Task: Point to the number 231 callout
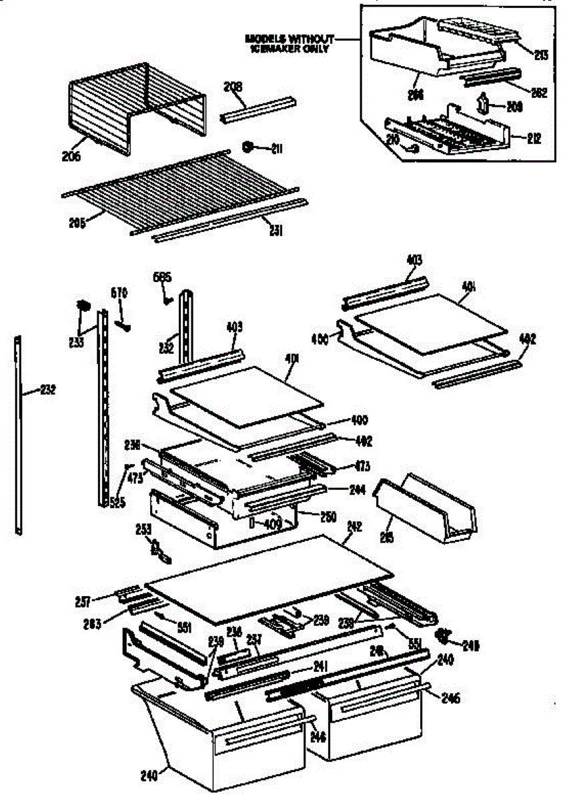point(275,231)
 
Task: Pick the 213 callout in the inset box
point(540,56)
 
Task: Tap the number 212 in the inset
point(533,139)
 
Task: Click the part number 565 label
point(162,277)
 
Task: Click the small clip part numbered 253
point(159,549)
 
